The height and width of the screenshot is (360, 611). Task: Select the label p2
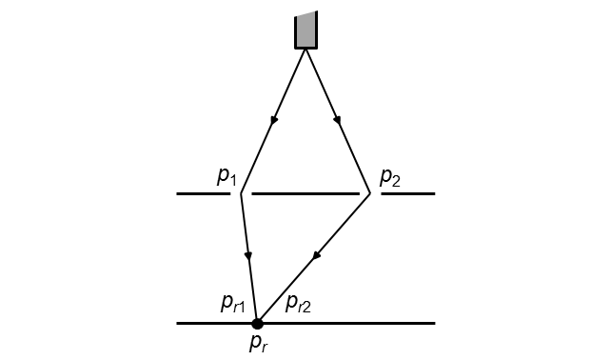coord(390,175)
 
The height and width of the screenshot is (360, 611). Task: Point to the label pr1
coord(233,303)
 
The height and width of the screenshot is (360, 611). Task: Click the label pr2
coord(299,303)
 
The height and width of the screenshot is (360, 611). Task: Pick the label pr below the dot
coord(259,344)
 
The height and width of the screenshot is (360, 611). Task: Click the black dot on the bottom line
coord(257,324)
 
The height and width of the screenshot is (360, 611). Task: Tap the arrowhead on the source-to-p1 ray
coord(274,120)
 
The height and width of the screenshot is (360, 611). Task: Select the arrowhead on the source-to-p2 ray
coord(337,120)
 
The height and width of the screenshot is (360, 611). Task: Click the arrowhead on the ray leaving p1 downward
coord(248,255)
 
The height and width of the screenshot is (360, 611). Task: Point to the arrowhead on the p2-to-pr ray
coord(316,255)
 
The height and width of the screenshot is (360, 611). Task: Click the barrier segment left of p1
coord(204,193)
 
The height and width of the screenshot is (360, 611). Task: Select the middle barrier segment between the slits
coord(305,193)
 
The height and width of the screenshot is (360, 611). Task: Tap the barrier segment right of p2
coord(407,193)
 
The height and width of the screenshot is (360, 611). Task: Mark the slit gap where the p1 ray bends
coord(242,193)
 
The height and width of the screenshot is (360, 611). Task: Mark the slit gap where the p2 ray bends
coord(370,193)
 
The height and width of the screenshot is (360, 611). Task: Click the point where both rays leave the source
coord(305,48)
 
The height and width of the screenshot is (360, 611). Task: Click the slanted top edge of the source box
coord(305,14)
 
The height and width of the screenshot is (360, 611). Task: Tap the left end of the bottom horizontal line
coord(178,324)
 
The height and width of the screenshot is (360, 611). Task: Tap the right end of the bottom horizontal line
coord(434,324)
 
